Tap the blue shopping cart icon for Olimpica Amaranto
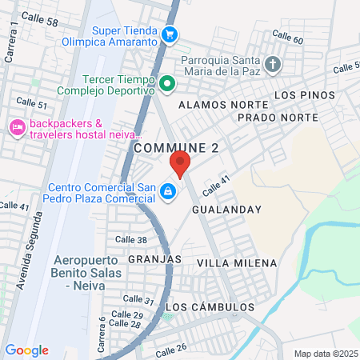tap(169, 34)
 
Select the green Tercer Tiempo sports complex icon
tap(166, 82)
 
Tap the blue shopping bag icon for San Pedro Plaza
tap(168, 192)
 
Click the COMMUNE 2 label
tap(176, 147)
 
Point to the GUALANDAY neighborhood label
tap(227, 209)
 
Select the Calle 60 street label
tap(287, 37)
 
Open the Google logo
tap(26, 350)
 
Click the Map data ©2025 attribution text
tap(326, 354)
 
